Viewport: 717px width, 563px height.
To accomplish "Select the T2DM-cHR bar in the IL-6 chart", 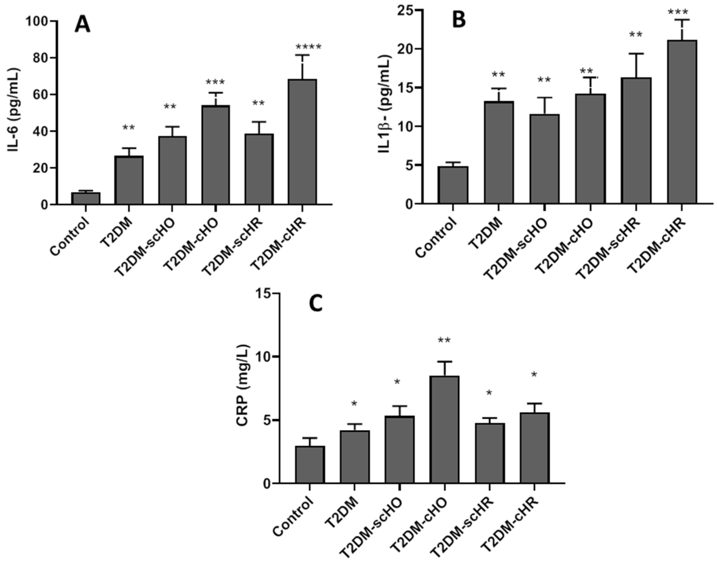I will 302,142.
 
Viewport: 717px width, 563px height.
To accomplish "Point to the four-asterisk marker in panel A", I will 308,48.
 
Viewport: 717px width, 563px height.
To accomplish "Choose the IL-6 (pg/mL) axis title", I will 14,111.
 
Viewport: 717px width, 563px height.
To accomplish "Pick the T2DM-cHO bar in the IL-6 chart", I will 216,155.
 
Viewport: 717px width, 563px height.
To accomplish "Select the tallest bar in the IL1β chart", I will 681,122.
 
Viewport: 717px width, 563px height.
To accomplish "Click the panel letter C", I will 316,304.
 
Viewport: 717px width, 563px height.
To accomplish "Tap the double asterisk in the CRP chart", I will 444,340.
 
